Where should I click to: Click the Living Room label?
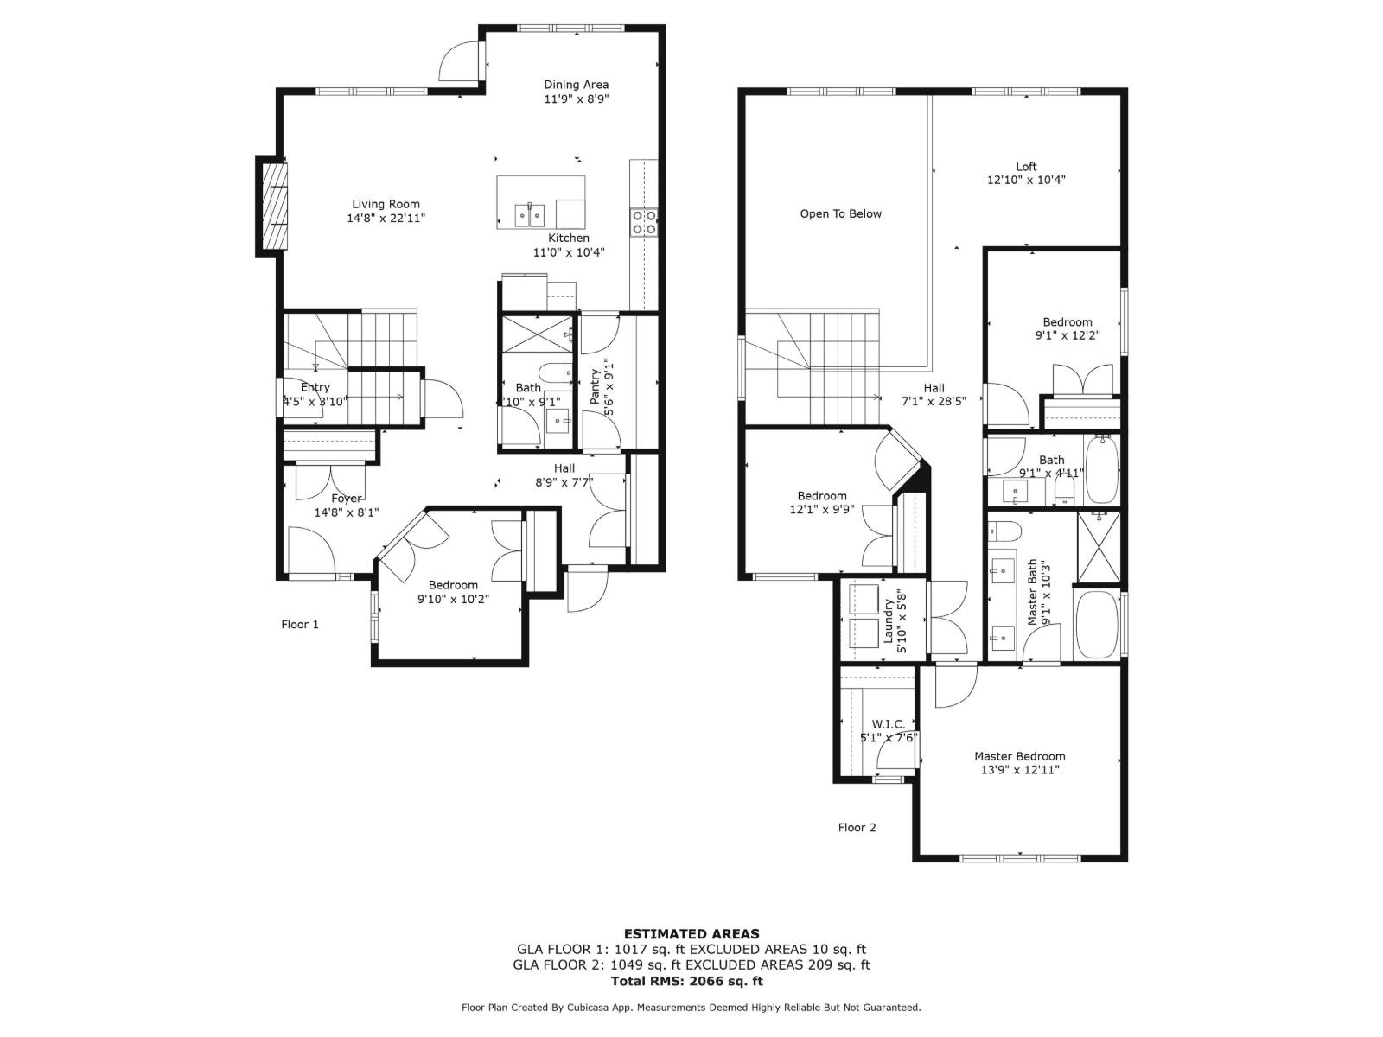[386, 205]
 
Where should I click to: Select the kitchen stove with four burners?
[643, 222]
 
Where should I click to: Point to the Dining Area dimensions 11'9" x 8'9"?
[577, 99]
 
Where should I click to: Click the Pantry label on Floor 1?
[596, 387]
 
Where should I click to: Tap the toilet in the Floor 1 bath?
[554, 372]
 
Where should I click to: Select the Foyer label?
[347, 498]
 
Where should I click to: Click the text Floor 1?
[300, 624]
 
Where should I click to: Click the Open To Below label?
[840, 213]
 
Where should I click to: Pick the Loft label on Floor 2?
[1026, 167]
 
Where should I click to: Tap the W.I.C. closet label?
[888, 724]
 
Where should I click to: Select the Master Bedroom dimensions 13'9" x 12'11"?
[1020, 770]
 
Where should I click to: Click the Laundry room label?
[888, 620]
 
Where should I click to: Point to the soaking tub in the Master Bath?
[1096, 624]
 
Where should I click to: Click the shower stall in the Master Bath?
[1098, 548]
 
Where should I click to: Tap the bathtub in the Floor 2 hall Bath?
[1101, 469]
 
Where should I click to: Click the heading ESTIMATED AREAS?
[691, 933]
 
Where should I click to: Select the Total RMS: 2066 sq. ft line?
[687, 981]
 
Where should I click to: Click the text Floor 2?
[857, 827]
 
